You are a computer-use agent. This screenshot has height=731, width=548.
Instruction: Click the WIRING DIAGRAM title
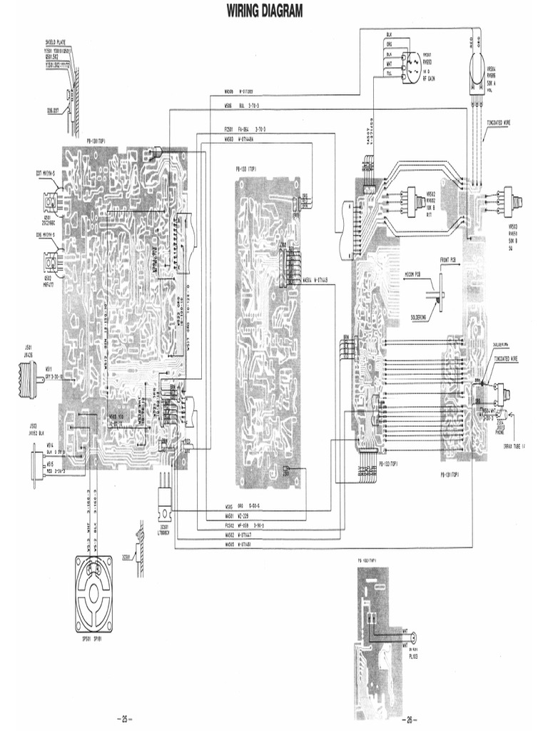coord(265,11)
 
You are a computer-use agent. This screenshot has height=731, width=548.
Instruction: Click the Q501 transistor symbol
coord(51,203)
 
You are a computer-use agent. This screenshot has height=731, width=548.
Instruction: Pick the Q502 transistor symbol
coord(51,263)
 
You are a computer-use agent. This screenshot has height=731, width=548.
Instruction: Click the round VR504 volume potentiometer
coord(476,69)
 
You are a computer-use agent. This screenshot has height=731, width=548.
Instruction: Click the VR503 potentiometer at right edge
coord(509,198)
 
